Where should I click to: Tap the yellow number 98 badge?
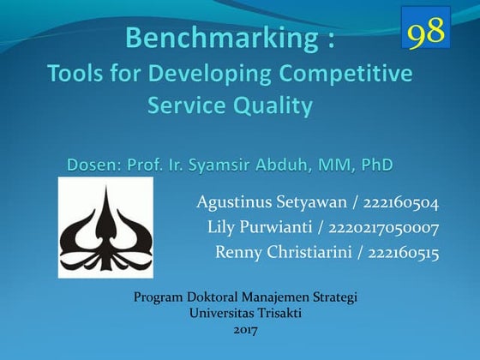426,32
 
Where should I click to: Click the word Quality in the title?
272,107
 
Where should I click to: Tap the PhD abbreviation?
377,162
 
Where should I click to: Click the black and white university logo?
105,228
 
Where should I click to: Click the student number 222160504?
401,204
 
